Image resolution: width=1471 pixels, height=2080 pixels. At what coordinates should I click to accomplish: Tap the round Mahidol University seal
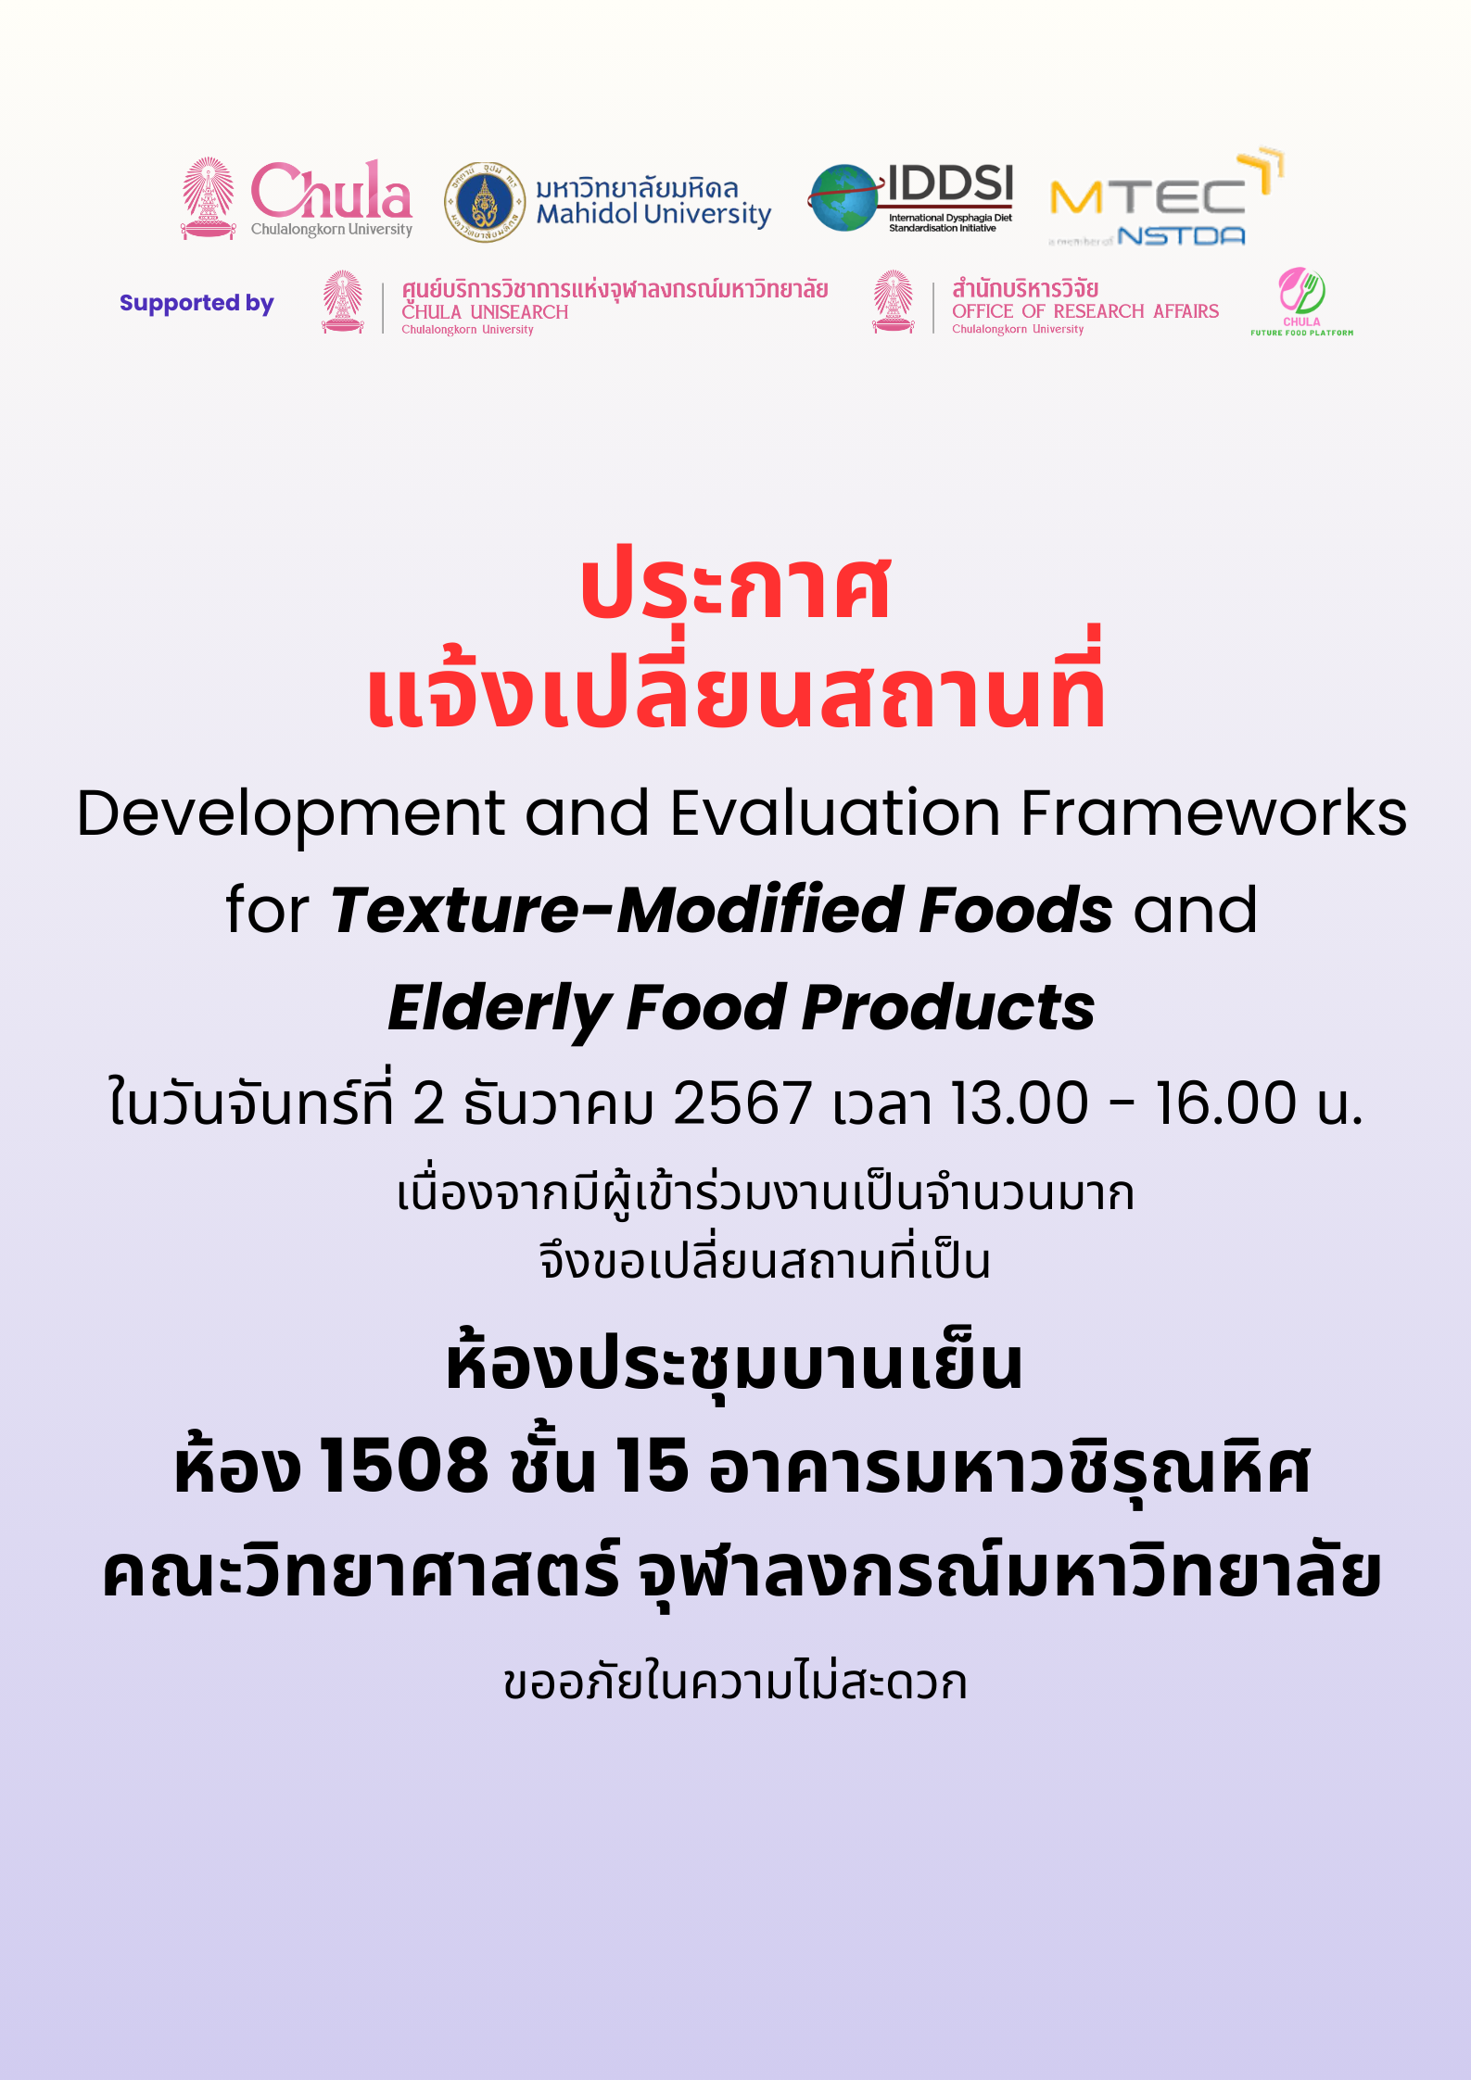pos(484,202)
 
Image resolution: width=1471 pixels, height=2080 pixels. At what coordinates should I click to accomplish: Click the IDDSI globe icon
pos(843,197)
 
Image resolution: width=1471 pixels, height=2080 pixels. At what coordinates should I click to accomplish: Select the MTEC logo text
pos(1148,197)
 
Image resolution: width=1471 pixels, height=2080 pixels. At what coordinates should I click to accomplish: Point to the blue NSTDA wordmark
pos(1181,236)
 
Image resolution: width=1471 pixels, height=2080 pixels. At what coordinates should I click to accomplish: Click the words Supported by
pos(197,303)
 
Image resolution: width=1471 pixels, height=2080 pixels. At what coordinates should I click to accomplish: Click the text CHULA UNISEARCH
pos(485,312)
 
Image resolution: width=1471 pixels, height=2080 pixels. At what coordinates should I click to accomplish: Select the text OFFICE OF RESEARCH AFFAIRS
pos(1085,311)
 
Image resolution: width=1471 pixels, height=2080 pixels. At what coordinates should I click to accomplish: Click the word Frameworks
pos(1213,813)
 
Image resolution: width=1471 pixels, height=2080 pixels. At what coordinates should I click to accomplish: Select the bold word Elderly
pos(498,1010)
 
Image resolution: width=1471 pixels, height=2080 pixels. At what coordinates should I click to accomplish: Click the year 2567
pos(742,1103)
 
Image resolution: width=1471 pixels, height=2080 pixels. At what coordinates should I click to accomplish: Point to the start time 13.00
pos(1020,1103)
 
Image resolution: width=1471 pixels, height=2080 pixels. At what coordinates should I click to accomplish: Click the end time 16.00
pos(1225,1103)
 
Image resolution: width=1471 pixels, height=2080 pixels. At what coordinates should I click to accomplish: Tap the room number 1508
pos(403,1466)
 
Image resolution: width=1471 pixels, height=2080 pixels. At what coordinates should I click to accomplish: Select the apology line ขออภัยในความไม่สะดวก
pos(735,1682)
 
